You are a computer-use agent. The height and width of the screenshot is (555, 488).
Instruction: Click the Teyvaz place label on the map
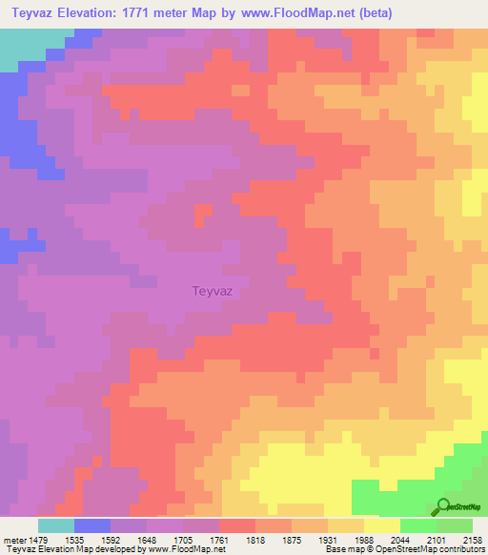tap(213, 292)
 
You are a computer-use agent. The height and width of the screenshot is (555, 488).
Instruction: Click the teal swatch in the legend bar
tap(56, 525)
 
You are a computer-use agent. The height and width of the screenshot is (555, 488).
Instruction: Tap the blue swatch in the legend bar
tap(92, 525)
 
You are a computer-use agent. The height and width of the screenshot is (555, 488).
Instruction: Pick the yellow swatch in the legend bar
tap(382, 525)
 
